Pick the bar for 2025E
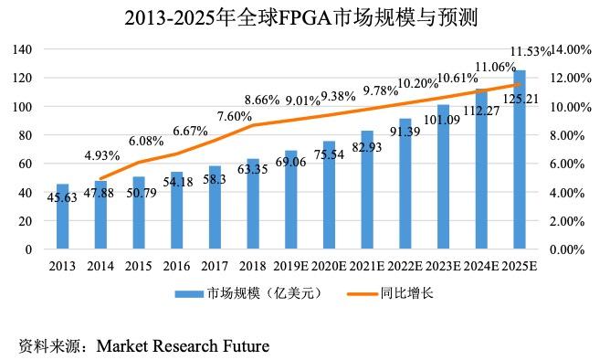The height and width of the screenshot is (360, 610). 519,160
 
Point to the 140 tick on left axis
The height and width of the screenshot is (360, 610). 23,49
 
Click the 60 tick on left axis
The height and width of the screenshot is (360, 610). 26,164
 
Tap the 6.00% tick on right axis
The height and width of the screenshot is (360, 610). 574,164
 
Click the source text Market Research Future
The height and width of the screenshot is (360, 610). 183,346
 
